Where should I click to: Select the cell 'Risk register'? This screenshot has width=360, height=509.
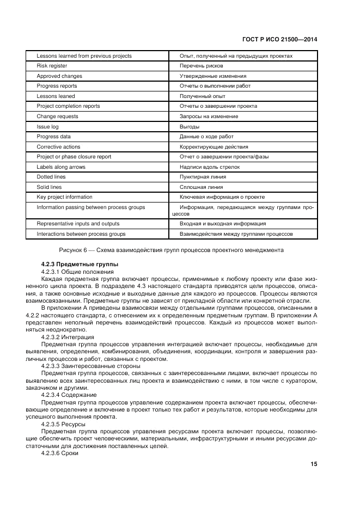[x=52, y=66]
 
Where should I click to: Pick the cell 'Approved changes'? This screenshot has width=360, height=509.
[x=59, y=76]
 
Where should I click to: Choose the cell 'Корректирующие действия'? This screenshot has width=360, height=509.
[x=213, y=147]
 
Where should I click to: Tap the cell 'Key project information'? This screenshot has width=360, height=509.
[x=64, y=197]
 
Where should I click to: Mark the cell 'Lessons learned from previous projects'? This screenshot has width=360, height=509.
[x=84, y=56]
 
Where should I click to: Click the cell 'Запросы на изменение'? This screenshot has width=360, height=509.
[x=209, y=116]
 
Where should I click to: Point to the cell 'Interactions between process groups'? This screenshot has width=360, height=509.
[x=81, y=234]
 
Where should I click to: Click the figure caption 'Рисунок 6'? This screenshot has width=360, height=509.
[x=171, y=250]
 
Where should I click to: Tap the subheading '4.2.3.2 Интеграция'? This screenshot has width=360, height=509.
[x=68, y=337]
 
